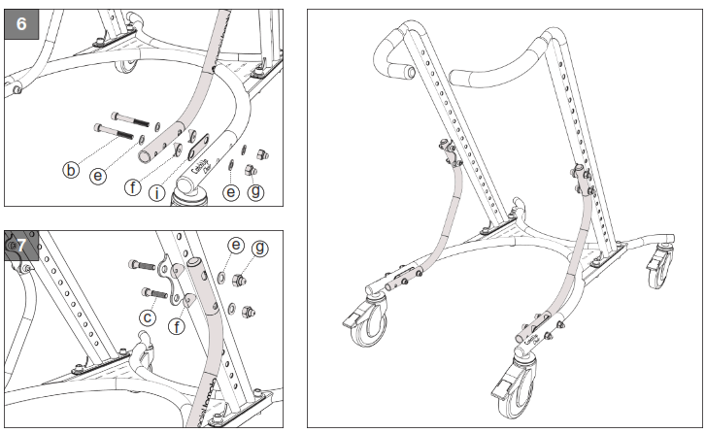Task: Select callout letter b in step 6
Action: pyautogui.click(x=70, y=171)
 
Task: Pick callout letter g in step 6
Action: pyautogui.click(x=256, y=191)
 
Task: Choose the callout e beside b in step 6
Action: pyautogui.click(x=97, y=176)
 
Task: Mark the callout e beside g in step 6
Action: pyautogui.click(x=230, y=191)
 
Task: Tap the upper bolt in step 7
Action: pyautogui.click(x=143, y=264)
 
